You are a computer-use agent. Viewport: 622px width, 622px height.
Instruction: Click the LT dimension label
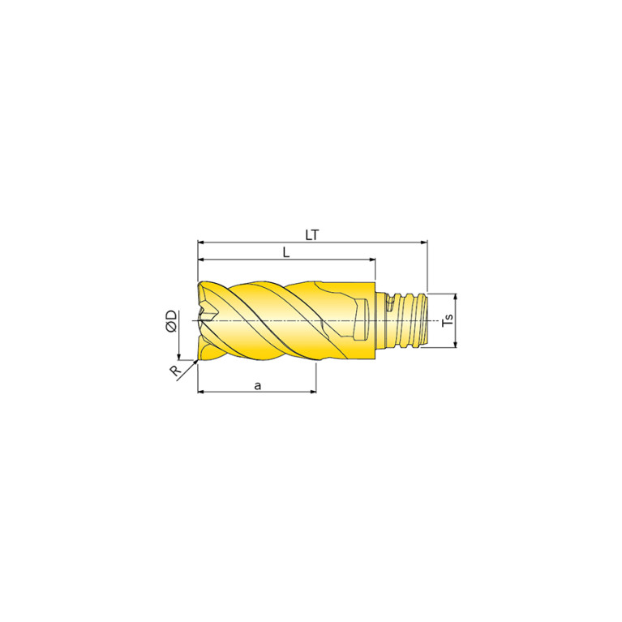click(311, 235)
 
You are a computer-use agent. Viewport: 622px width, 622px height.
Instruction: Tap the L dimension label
click(286, 253)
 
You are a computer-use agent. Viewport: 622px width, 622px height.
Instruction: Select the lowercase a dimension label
click(258, 385)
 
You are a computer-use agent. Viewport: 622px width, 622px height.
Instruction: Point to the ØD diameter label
click(172, 321)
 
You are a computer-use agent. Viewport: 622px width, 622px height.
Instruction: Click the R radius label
click(174, 371)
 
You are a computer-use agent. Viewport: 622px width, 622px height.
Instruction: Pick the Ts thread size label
click(448, 320)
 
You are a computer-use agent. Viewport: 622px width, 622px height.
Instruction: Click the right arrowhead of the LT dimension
click(424, 242)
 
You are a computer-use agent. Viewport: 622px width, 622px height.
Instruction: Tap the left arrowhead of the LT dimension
click(201, 242)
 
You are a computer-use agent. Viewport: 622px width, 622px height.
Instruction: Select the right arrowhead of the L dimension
click(372, 260)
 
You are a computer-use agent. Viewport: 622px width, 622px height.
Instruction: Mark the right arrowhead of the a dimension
click(313, 392)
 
